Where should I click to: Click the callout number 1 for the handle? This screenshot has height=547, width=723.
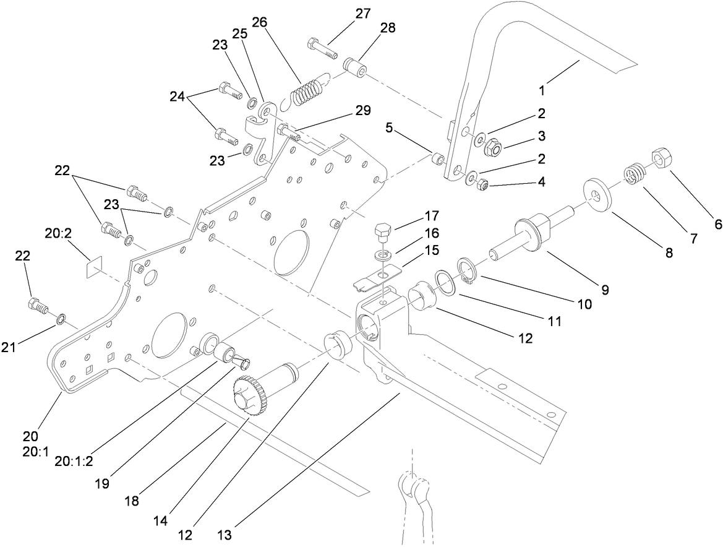click(542, 90)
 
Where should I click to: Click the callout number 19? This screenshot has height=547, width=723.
click(103, 483)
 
